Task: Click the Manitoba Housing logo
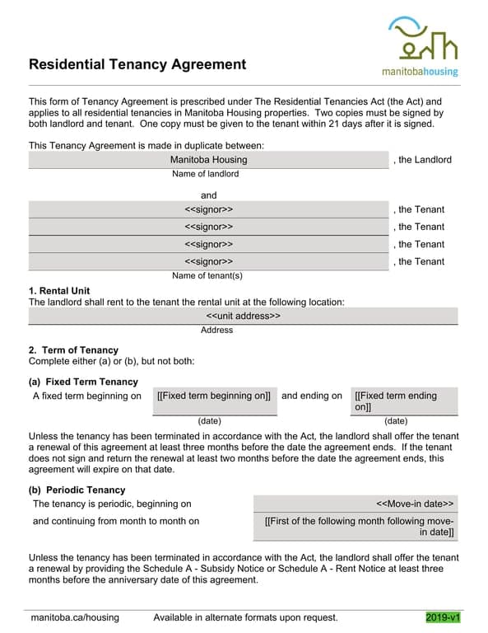(x=421, y=47)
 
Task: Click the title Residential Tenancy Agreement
(x=137, y=64)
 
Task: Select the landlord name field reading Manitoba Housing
(x=208, y=160)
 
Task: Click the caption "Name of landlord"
(x=205, y=175)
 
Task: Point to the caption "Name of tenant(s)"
(x=207, y=276)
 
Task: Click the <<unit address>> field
(x=243, y=316)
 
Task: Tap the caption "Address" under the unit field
(x=216, y=331)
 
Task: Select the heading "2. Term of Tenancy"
(x=73, y=350)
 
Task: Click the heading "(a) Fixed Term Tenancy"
(x=83, y=382)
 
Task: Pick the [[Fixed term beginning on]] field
(x=213, y=396)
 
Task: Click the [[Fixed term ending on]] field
(x=403, y=401)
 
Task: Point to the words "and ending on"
(x=311, y=396)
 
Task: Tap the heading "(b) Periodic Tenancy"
(x=77, y=490)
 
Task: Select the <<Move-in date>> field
(x=355, y=504)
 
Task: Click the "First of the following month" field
(x=355, y=527)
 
